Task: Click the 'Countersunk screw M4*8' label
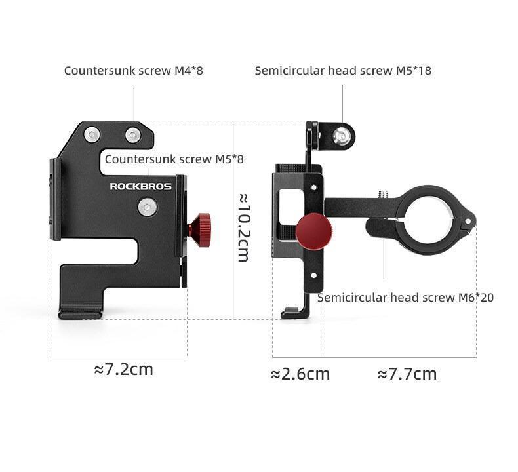[x=134, y=70]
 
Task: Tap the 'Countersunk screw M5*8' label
[x=174, y=159]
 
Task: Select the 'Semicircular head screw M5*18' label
[x=343, y=70]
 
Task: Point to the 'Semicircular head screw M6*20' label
[x=405, y=297]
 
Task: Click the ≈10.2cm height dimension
[x=242, y=227]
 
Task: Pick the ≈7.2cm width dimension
[x=124, y=369]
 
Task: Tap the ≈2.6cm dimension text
[x=300, y=374]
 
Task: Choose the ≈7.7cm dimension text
[x=407, y=374]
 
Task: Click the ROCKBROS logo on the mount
[x=140, y=186]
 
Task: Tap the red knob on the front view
[x=199, y=226]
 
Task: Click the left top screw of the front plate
[x=92, y=134]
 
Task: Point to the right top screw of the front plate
[x=134, y=135]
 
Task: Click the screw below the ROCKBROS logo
[x=147, y=208]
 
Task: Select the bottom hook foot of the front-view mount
[x=80, y=314]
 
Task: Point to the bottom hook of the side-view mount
[x=290, y=314]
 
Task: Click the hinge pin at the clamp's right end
[x=467, y=221]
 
